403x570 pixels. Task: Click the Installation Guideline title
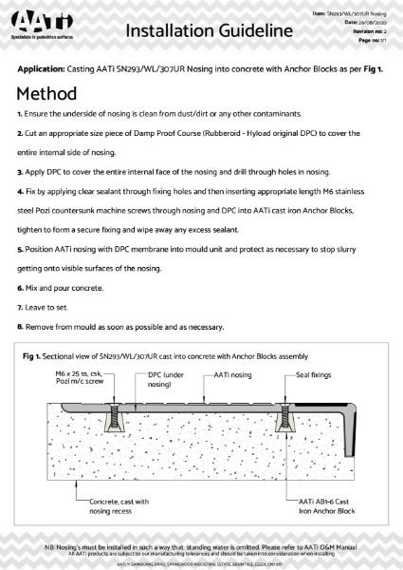(207, 31)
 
